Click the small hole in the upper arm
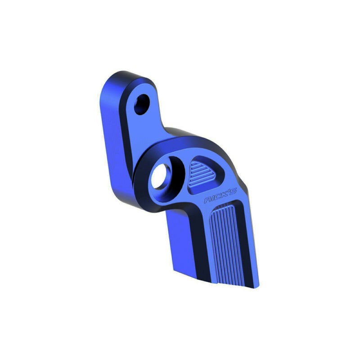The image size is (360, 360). pos(142,104)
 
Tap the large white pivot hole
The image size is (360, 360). pos(160,176)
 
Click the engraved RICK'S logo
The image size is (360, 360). pos(220,196)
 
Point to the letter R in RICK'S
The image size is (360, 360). pos(208,200)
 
